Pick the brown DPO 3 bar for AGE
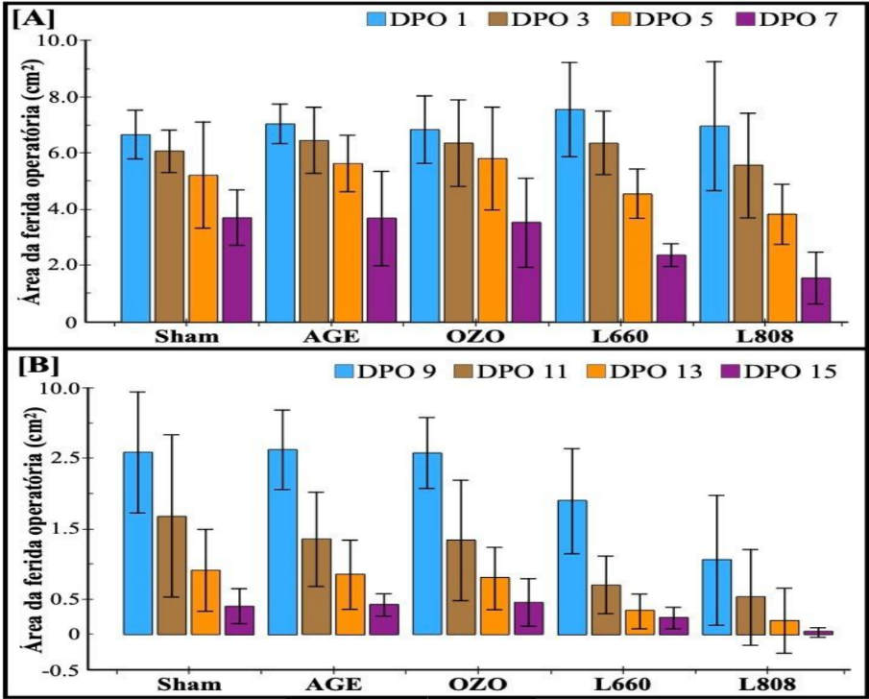(x=314, y=230)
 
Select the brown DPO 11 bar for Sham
(x=171, y=575)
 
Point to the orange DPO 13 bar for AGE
(x=350, y=604)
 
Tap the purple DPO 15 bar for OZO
(x=528, y=618)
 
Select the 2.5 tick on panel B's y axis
(x=67, y=458)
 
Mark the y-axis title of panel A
(x=29, y=182)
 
